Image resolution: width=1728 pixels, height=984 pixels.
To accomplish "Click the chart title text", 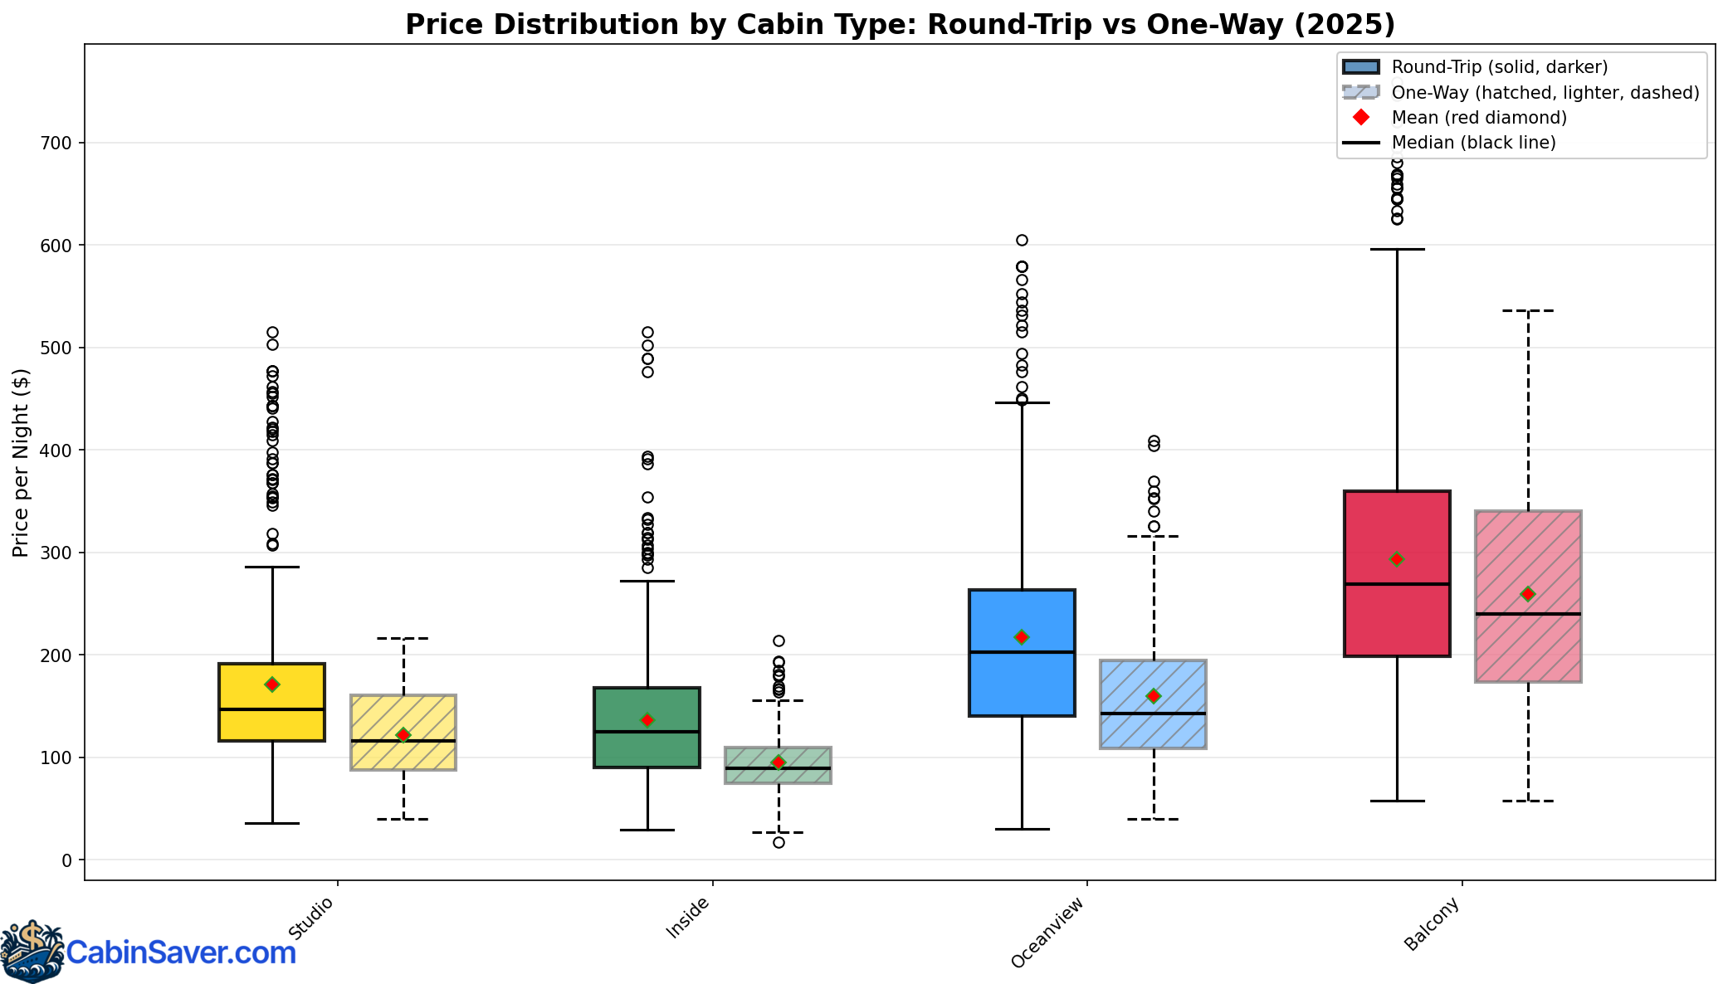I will coord(900,25).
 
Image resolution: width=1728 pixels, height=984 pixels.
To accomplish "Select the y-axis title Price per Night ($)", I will coord(21,463).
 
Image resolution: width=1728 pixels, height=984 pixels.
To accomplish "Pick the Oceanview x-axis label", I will coord(1048,932).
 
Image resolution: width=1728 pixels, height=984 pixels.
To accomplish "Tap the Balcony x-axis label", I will coord(1432,924).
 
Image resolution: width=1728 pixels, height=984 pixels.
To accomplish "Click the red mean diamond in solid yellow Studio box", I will coord(272,684).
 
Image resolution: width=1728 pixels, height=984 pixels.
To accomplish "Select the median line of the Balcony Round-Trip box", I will coord(1397,584).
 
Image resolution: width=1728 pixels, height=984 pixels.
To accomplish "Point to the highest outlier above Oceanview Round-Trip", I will coord(1022,241).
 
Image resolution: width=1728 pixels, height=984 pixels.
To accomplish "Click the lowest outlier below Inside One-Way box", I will coord(779,843).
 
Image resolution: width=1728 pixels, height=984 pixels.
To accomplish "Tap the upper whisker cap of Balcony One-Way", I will coord(1528,310).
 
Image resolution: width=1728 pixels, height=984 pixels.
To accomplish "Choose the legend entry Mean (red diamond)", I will coord(1479,118).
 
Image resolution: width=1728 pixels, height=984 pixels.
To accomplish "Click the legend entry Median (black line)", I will coord(1473,143).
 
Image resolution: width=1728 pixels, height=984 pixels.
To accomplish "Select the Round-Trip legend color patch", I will coord(1360,67).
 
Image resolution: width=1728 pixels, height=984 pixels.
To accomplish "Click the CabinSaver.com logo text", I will coord(181,952).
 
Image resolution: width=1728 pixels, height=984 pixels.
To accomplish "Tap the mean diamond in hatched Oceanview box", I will coord(1154,696).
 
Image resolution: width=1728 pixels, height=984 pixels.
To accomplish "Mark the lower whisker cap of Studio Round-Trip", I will coord(272,823).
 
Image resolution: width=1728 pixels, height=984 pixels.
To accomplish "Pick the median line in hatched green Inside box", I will coord(779,768).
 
